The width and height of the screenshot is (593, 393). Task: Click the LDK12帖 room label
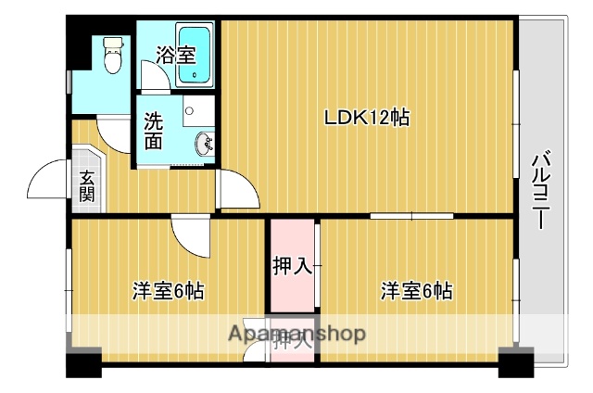(366, 119)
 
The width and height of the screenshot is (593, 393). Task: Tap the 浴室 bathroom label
(175, 55)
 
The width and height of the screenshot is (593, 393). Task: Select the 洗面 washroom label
(153, 132)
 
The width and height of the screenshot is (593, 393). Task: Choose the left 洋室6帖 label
(168, 291)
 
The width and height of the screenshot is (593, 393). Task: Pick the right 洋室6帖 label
(416, 291)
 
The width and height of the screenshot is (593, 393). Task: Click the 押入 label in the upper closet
(292, 267)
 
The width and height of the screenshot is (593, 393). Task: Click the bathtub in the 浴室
(196, 55)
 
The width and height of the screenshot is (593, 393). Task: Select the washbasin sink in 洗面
(206, 144)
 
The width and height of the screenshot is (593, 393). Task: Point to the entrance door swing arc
(46, 183)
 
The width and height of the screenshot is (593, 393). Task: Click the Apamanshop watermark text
(297, 333)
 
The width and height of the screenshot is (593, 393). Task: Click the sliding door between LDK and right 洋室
(411, 216)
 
